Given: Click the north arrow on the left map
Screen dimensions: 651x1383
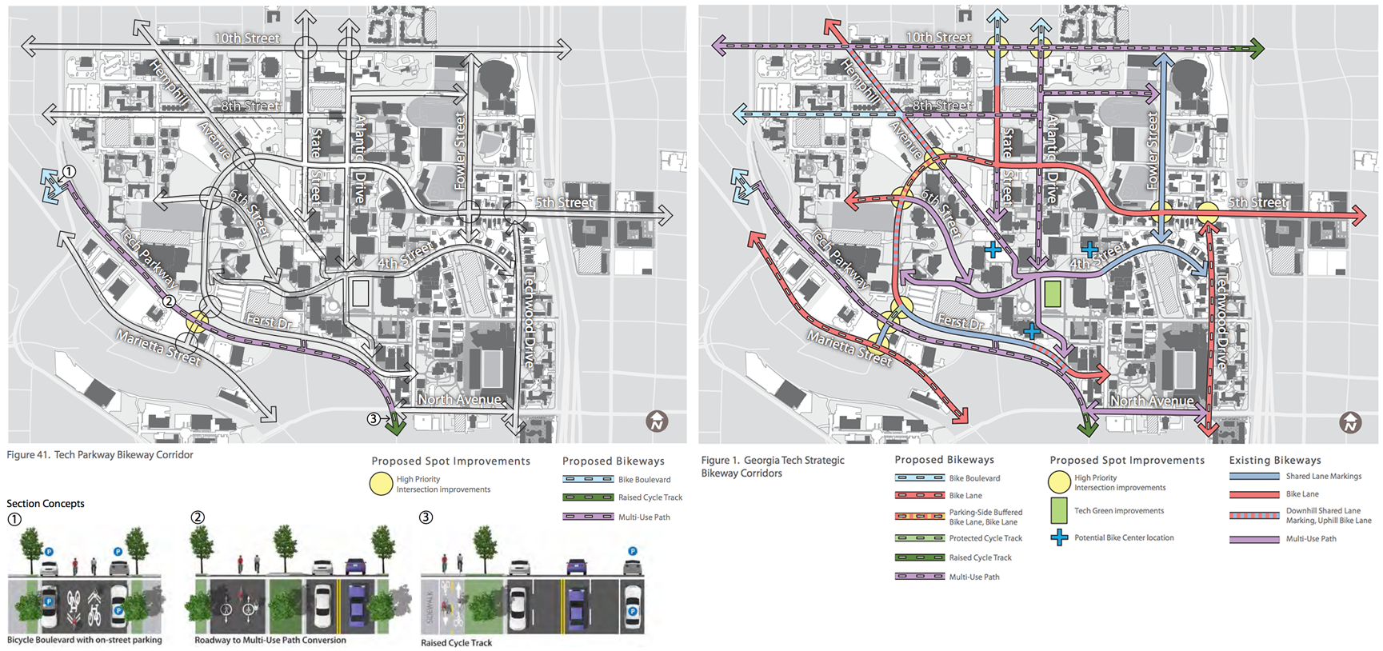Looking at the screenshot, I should point(657,421).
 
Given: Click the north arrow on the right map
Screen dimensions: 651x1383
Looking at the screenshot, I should point(1350,421).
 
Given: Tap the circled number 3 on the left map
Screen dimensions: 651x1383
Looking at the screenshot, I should point(373,418).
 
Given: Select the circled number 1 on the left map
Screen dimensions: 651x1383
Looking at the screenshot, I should point(70,171).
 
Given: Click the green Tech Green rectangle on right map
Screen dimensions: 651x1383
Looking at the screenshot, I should point(1053,294).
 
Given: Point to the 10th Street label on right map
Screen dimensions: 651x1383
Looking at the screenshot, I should point(938,38).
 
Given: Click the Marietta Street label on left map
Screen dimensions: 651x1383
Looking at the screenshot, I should point(158,348).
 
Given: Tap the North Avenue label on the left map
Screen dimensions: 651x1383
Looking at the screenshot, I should point(459,399).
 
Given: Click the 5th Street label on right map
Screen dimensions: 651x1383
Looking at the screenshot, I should point(1257,203).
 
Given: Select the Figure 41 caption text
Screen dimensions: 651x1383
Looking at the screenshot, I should point(100,455).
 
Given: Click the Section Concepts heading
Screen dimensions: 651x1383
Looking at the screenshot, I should point(46,503).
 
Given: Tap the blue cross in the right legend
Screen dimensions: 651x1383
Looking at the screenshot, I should point(1059,537).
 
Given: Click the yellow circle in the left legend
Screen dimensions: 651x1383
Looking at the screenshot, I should point(381,484).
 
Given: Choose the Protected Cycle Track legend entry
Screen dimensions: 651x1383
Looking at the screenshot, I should point(985,538).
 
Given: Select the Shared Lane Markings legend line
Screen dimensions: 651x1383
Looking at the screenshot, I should point(1254,476).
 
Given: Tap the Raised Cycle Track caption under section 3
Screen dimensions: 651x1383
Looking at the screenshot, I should point(456,643).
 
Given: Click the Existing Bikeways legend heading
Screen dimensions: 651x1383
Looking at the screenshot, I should point(1274,460).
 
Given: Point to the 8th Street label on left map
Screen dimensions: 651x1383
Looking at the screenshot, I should point(250,106).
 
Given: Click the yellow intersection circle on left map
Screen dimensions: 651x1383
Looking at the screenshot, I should point(198,322).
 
